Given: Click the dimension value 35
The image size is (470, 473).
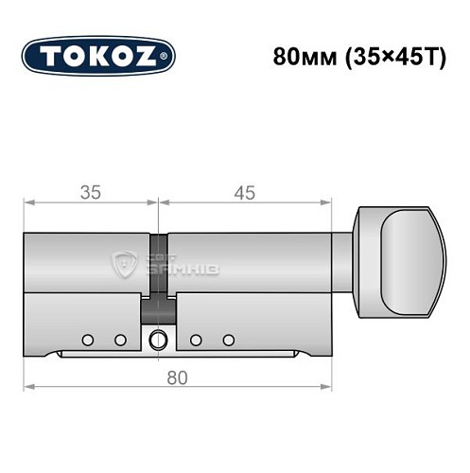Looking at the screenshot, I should click(90, 192).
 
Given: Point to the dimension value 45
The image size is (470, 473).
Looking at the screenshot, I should click(245, 192).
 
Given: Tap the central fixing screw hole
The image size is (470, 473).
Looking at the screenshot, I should click(157, 340).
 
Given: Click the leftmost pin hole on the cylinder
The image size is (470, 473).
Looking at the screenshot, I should click(87, 340).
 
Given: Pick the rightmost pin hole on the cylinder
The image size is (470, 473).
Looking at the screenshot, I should click(228, 340).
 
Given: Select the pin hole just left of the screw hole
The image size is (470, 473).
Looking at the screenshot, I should click(120, 340).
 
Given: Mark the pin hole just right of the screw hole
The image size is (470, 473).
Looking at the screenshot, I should click(195, 340).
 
